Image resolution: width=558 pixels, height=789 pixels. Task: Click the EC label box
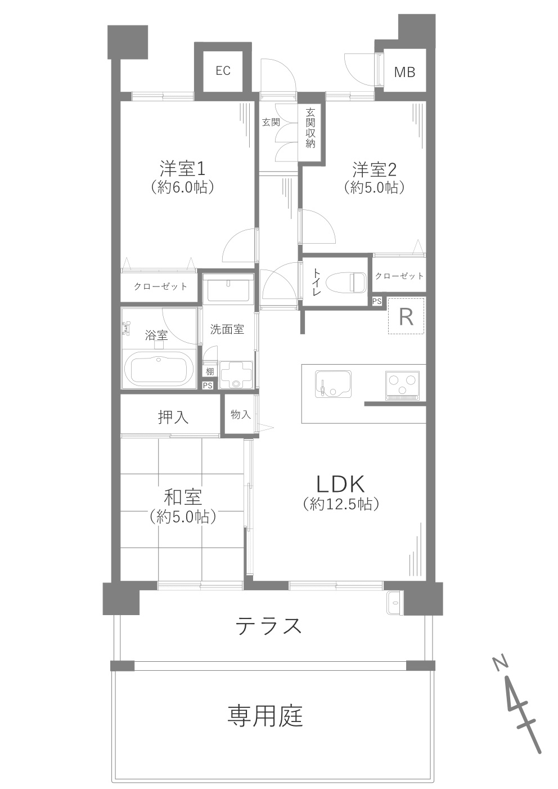coord(223,71)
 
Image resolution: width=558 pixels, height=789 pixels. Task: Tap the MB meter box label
coord(404,72)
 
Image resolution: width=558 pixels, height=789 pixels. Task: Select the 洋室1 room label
coord(182,168)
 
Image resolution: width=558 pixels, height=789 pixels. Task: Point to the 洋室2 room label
coord(375,168)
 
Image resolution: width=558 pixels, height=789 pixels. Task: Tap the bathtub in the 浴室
coord(158,369)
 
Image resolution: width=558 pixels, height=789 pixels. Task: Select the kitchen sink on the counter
coord(333,383)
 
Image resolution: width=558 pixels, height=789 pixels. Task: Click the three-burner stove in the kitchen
coord(403,385)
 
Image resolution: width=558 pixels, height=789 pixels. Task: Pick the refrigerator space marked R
coord(406,317)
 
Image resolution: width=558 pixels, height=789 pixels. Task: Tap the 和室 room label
coord(183,497)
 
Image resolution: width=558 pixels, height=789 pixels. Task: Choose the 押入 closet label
coord(173,418)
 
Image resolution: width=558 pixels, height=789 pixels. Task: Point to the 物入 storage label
coord(240,415)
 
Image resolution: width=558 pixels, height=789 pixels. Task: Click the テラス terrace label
coord(269,626)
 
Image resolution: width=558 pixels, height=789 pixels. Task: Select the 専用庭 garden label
coord(265,716)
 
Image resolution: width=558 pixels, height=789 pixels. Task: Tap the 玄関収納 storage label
coord(310,128)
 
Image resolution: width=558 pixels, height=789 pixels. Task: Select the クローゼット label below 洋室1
coord(160,286)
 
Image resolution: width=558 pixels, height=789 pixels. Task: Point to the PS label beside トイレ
coord(377,302)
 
